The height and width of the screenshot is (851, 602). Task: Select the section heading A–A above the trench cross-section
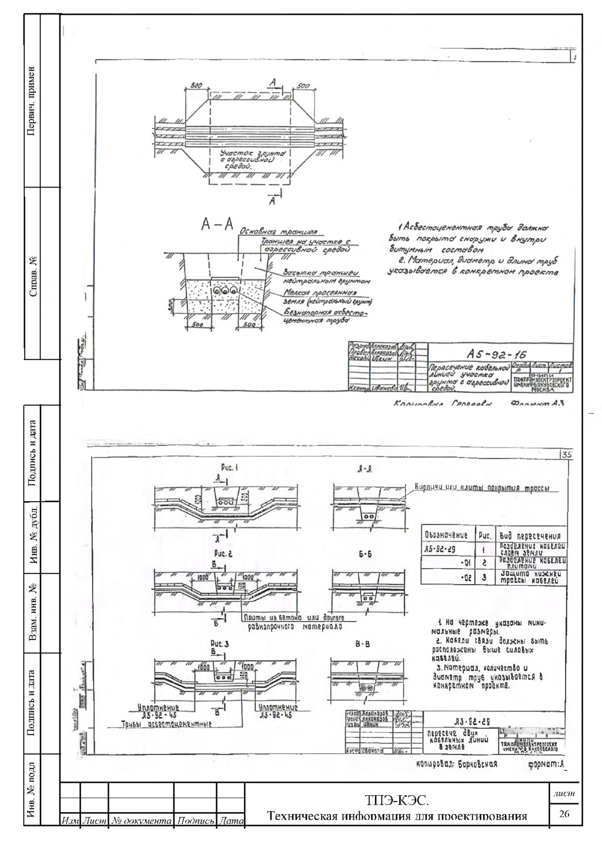[x=218, y=225]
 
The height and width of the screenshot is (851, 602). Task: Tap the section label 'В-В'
[x=363, y=645]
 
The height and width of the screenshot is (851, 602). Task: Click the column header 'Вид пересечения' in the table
[x=530, y=536]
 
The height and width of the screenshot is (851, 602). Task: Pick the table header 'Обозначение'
[x=446, y=535]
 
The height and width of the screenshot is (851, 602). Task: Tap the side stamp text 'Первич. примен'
[x=33, y=100]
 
